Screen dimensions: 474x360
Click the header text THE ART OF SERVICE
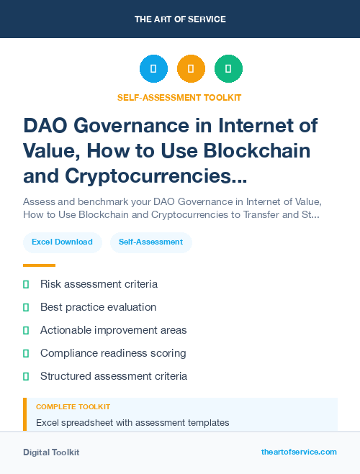click(179, 19)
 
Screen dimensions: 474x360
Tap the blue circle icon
click(153, 69)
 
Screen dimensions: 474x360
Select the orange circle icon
click(191, 69)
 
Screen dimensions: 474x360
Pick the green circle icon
click(228, 69)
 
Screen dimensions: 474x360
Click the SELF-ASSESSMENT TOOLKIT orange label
click(179, 97)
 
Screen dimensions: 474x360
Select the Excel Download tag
click(62, 242)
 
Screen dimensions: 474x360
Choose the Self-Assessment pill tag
click(151, 242)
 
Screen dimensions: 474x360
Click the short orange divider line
click(39, 265)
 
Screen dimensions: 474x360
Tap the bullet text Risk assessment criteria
click(99, 284)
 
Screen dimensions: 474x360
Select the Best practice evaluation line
click(98, 307)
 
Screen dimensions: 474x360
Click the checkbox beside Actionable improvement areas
click(26, 330)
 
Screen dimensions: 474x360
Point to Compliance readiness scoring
click(113, 353)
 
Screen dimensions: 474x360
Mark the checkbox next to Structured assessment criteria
click(26, 376)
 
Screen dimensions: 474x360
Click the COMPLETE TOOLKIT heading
click(73, 407)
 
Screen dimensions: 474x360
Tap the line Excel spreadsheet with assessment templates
click(132, 422)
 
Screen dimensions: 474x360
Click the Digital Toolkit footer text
click(51, 452)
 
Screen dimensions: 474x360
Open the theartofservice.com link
click(299, 452)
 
